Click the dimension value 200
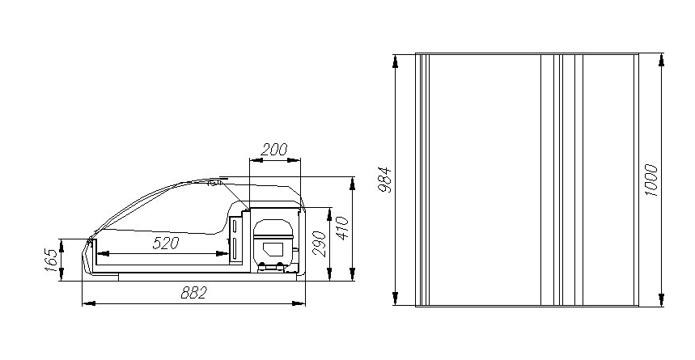[274, 150]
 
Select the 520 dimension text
[166, 243]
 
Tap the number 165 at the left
[51, 260]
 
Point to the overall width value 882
[194, 293]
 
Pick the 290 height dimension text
[320, 244]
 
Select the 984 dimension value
[385, 180]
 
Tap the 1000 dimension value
[651, 180]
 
